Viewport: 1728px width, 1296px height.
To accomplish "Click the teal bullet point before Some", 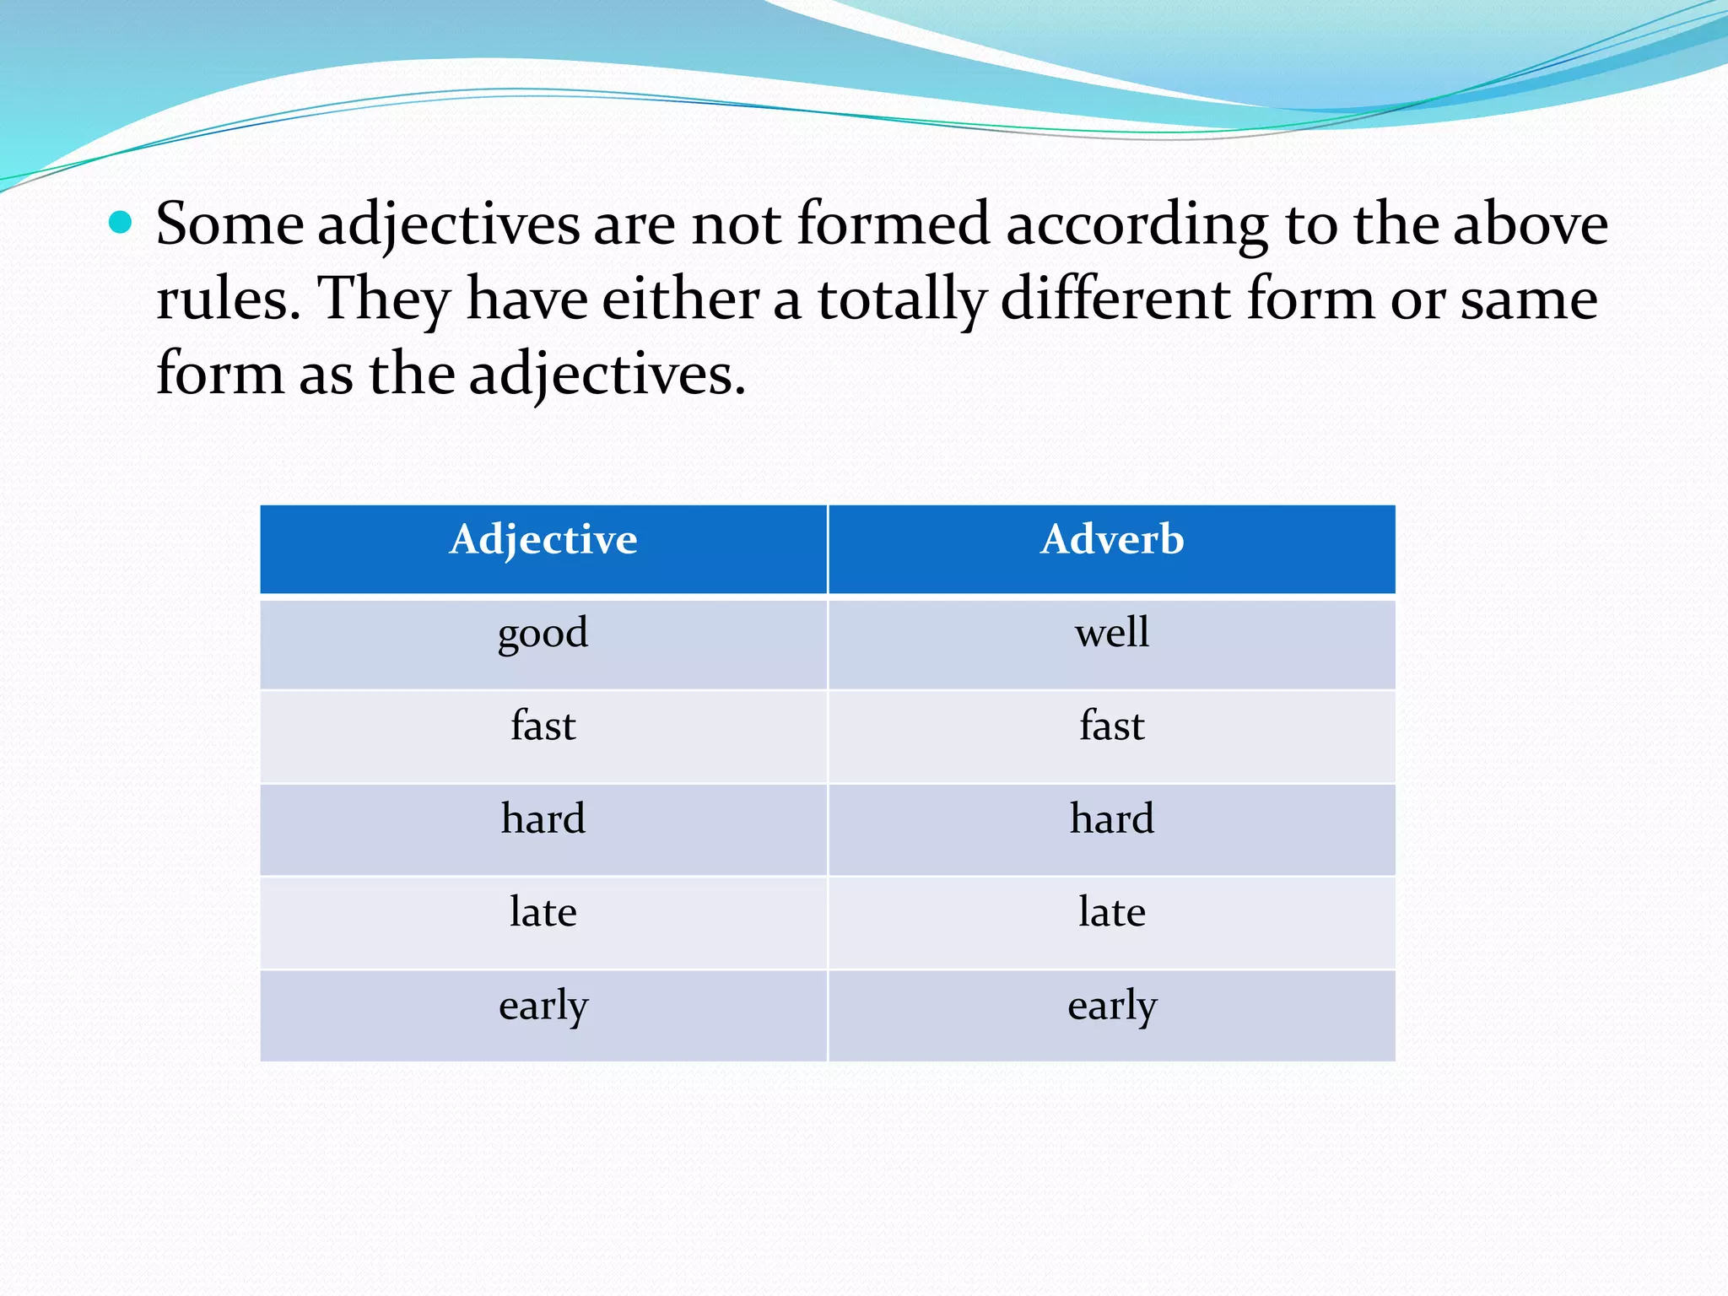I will pos(121,223).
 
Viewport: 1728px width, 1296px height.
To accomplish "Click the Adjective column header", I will pos(543,540).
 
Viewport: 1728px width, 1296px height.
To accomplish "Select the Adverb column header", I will pos(1112,540).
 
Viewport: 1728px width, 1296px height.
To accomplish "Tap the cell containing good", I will pos(543,634).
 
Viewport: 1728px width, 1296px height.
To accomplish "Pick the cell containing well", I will pos(1112,634).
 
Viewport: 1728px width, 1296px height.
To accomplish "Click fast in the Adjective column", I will pos(543,726).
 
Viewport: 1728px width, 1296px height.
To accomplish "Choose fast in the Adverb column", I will pos(1112,726).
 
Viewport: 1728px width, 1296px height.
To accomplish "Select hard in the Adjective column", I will pos(543,819).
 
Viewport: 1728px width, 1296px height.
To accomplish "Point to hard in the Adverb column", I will pos(1112,819).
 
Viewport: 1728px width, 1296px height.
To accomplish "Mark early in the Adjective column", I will pos(543,1006).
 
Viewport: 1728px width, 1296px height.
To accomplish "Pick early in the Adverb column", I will pos(1112,1006).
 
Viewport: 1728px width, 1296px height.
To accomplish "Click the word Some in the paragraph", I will pos(229,224).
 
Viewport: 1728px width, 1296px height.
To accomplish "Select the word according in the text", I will pos(1137,226).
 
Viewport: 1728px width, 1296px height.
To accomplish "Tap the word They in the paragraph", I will pos(384,300).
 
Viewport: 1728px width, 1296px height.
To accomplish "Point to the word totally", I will pos(901,300).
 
